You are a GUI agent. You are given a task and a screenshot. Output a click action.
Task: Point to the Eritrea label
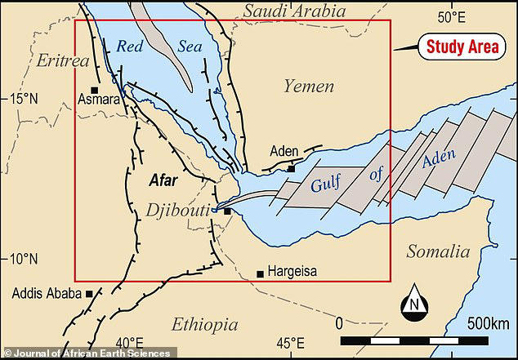(62, 60)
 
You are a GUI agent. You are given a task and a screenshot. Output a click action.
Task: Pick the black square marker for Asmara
(95, 90)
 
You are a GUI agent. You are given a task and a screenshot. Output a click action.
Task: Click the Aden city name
(284, 151)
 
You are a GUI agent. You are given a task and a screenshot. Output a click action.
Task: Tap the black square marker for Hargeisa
(260, 273)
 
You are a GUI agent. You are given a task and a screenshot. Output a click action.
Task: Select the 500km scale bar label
(487, 323)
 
